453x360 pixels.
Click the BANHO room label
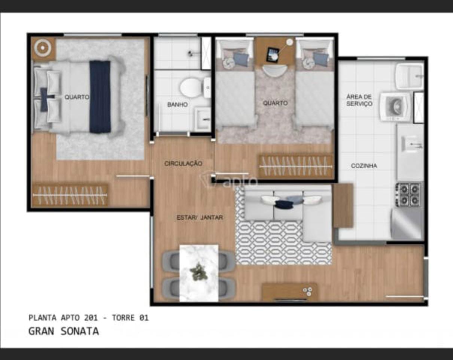pos(177,105)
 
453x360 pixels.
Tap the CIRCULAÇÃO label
pos(183,164)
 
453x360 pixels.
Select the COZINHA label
pos(364,166)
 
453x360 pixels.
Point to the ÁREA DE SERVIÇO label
pos(359,100)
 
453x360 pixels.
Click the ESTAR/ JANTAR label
pos(200,217)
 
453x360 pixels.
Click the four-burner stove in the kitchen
pos(408,195)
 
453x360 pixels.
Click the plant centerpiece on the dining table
pos(198,271)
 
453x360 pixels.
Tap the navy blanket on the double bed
pos(100,97)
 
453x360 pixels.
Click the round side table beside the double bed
pos(43,48)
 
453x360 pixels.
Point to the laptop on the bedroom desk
pos(272,55)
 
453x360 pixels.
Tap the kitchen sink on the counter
pos(411,144)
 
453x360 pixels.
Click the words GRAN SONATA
pos(64,331)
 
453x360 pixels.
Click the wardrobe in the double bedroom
pos(70,195)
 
